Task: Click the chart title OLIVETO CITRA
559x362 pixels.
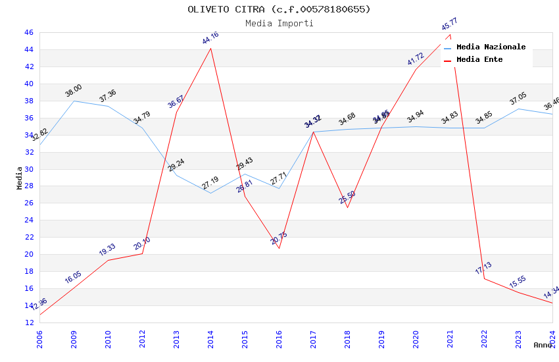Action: (279, 9)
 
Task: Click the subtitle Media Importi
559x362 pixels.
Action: (279, 24)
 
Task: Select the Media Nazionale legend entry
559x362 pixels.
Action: (491, 47)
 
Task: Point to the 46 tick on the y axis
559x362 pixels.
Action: (28, 32)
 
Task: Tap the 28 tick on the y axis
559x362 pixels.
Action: (28, 186)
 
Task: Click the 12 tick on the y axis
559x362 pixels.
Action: (28, 323)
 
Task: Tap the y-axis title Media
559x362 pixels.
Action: (20, 178)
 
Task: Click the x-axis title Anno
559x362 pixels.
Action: (543, 345)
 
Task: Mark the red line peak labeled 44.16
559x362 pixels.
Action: (210, 48)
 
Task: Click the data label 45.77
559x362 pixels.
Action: (450, 24)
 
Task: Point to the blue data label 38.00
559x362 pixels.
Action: (74, 91)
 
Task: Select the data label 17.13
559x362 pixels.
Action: (483, 269)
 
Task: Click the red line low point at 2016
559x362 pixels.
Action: (279, 248)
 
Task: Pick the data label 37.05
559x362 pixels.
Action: (518, 99)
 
